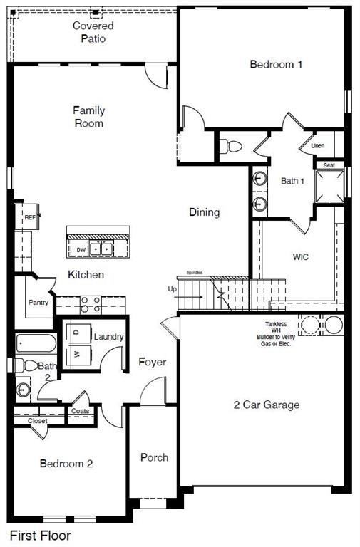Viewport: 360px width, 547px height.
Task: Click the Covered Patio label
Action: (x=93, y=32)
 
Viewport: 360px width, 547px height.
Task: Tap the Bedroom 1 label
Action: (x=276, y=64)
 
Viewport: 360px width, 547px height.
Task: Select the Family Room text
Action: (x=89, y=117)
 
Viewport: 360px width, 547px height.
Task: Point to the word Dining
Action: (x=204, y=212)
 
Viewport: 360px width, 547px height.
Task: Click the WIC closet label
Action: (x=300, y=256)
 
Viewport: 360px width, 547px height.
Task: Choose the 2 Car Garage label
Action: (x=266, y=405)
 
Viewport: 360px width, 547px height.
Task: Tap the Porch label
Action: (x=154, y=457)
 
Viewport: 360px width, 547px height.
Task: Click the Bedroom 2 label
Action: (x=66, y=464)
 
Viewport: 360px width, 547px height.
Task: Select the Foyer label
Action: (x=152, y=362)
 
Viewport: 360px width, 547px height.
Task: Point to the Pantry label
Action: (x=38, y=302)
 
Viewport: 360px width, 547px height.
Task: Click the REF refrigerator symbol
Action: (x=30, y=218)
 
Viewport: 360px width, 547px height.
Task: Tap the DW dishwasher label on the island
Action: (x=81, y=250)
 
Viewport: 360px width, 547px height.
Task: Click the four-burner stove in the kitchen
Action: (x=90, y=305)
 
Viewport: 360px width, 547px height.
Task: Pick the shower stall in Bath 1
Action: (x=329, y=187)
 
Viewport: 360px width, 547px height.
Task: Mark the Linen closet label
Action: (x=318, y=146)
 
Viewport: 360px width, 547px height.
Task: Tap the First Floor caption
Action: (x=39, y=535)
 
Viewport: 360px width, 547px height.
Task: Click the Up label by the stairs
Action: (x=172, y=289)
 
